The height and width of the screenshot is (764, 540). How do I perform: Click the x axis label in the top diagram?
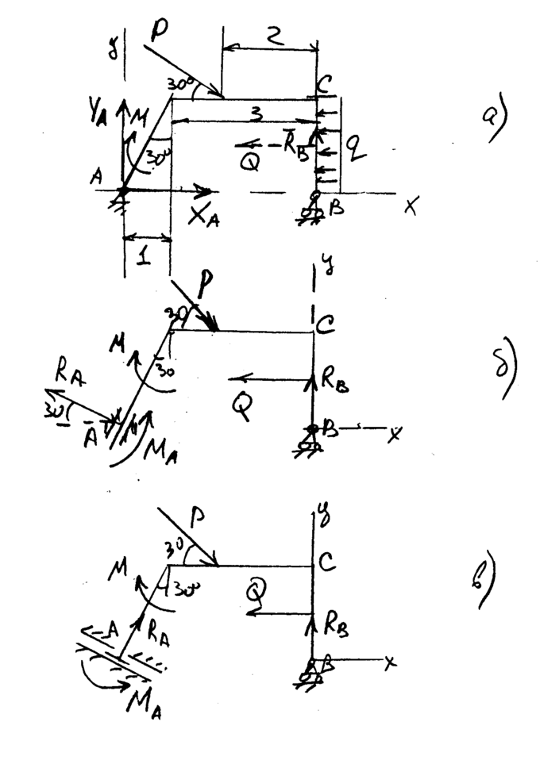411,206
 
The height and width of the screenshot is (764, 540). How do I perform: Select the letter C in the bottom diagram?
326,564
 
